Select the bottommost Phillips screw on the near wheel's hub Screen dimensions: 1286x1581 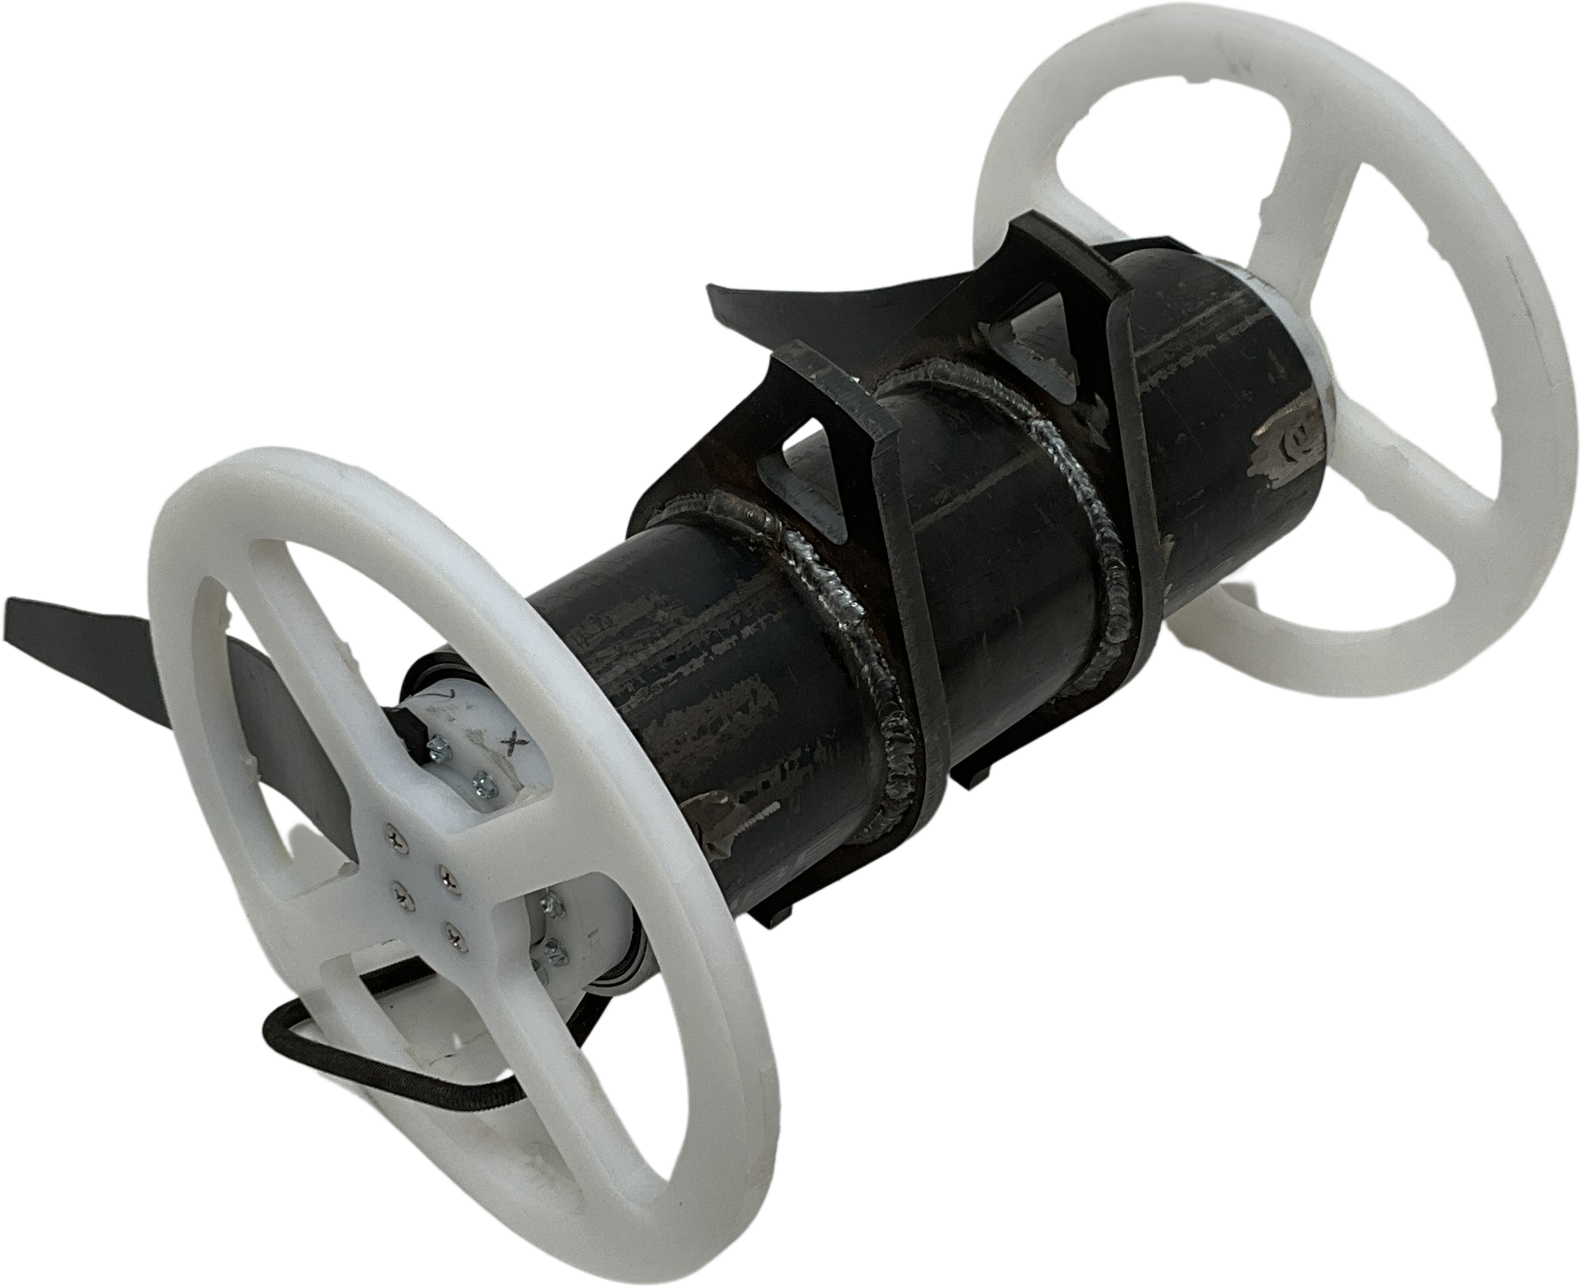tap(453, 938)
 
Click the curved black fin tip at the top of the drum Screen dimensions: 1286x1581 tap(726, 304)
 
